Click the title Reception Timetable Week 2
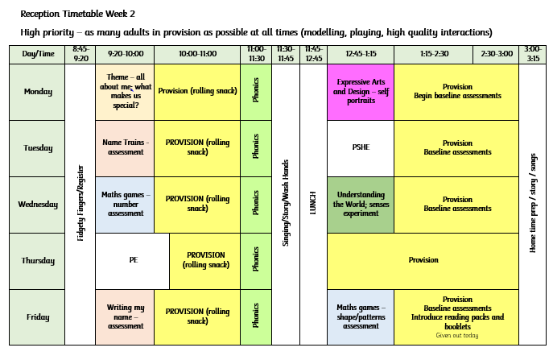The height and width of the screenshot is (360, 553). [x=77, y=14]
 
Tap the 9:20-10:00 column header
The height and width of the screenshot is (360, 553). [x=126, y=54]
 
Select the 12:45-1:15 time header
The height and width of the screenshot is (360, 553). [x=361, y=54]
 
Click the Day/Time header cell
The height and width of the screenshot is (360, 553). [x=38, y=54]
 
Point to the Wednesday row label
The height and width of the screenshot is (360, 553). [x=38, y=205]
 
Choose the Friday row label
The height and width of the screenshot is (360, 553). [x=38, y=317]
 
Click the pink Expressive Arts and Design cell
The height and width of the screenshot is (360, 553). [x=361, y=92]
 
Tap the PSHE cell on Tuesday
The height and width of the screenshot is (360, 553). [x=361, y=148]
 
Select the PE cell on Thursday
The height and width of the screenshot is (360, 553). [x=133, y=260]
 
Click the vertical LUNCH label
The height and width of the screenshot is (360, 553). [x=313, y=203]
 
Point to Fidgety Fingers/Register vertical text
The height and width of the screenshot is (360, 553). [x=80, y=203]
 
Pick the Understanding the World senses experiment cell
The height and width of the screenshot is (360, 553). [x=361, y=205]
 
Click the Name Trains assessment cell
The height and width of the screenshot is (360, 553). [x=126, y=148]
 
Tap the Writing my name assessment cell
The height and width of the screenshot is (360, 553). [x=126, y=317]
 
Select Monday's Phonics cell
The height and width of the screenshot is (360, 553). [x=256, y=92]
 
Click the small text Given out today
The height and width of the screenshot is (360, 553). [x=457, y=335]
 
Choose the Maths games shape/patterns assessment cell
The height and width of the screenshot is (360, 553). [x=361, y=317]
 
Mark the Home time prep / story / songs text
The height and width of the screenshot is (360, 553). [x=533, y=203]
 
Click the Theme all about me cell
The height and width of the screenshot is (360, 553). [x=126, y=92]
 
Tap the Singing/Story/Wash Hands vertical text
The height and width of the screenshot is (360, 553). [x=286, y=203]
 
